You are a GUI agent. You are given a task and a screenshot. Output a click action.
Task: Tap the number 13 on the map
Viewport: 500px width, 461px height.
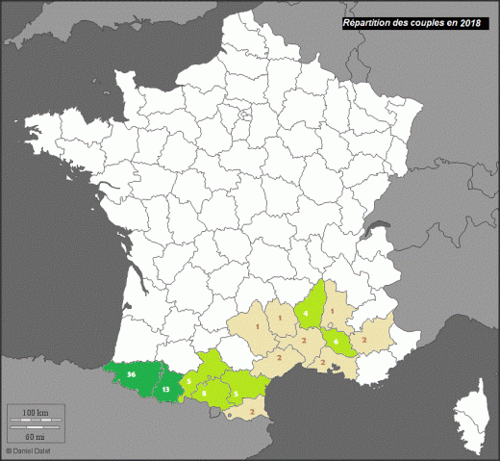pos(166,390)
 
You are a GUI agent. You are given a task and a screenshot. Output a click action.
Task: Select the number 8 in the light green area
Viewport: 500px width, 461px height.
pos(205,393)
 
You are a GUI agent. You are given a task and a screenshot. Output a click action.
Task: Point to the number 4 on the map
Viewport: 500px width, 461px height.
pos(306,314)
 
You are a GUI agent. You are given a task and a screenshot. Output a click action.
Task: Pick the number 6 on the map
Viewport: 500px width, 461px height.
pos(337,341)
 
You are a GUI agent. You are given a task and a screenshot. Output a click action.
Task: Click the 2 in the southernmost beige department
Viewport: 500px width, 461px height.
pos(252,412)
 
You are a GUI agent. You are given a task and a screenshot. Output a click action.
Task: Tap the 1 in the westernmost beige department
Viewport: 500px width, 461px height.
pos(257,328)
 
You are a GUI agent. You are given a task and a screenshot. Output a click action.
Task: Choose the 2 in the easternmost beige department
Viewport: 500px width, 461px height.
pos(365,340)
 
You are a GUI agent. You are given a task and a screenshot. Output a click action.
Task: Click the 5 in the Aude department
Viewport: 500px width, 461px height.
pos(237,394)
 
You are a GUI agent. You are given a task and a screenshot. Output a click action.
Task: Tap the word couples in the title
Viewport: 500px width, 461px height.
pos(426,22)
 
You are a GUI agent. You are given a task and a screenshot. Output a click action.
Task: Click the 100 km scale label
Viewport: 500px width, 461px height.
pos(36,413)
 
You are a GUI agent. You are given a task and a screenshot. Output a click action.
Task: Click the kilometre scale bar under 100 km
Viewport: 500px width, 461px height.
pos(36,421)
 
